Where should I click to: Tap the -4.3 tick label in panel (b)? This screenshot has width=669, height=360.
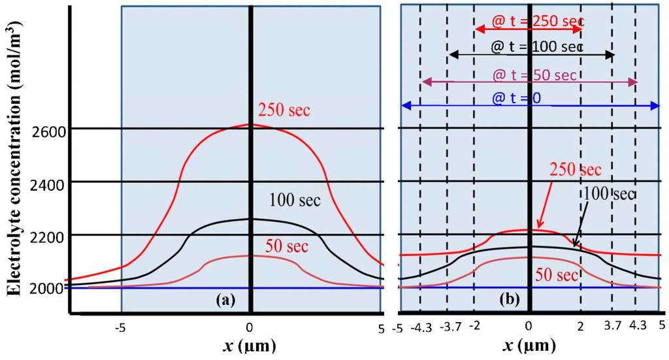421,325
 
